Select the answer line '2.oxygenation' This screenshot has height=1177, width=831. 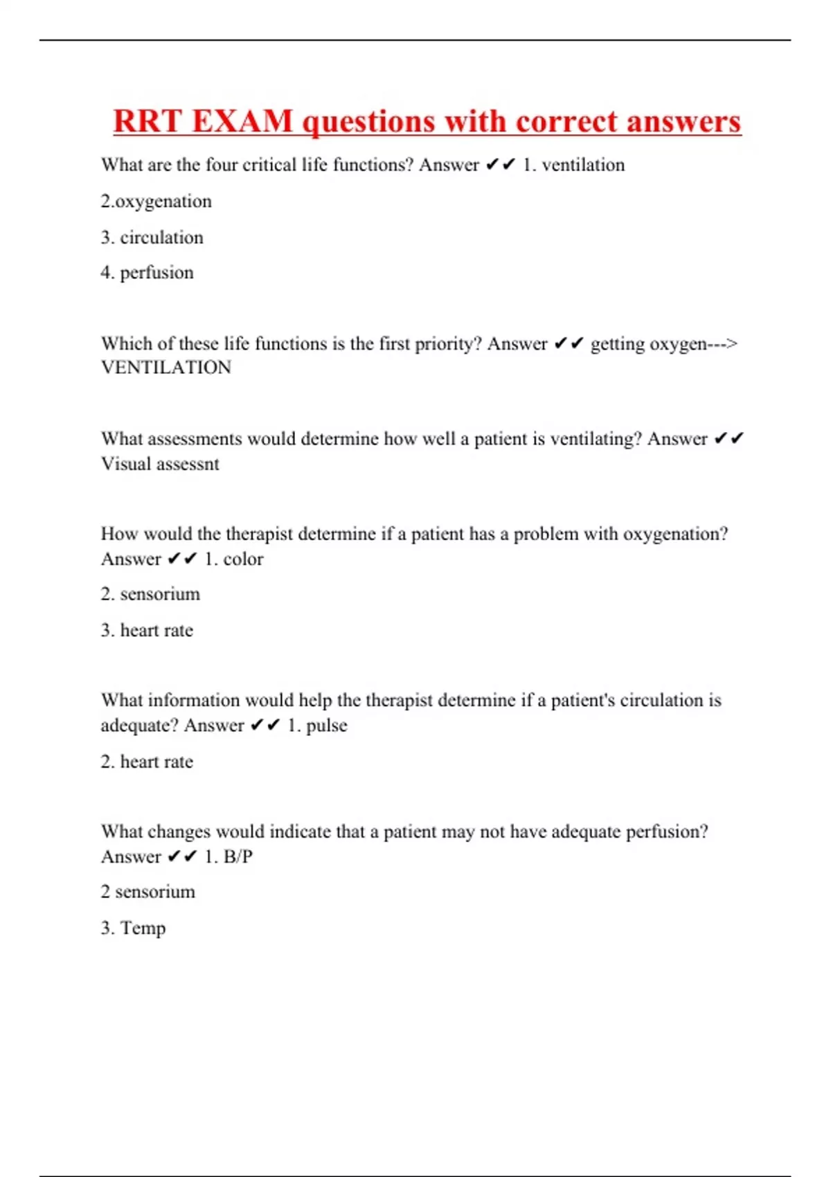coord(157,201)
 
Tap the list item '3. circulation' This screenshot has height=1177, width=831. coord(152,237)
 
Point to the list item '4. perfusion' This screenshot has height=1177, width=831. coord(148,273)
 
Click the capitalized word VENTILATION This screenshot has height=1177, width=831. coord(166,368)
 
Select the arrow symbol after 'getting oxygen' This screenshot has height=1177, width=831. coord(723,344)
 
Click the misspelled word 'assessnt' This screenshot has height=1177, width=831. coord(191,464)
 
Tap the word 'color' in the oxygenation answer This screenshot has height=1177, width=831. coord(243,559)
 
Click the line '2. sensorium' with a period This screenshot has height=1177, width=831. coord(150,594)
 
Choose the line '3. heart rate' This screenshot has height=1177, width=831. coord(147,630)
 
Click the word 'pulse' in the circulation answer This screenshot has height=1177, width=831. coord(326,726)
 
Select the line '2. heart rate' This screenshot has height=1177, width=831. coord(147,762)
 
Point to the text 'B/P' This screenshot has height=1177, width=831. coord(238,856)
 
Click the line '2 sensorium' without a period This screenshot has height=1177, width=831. coord(148,892)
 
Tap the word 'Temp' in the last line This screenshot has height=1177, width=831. coord(143,928)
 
